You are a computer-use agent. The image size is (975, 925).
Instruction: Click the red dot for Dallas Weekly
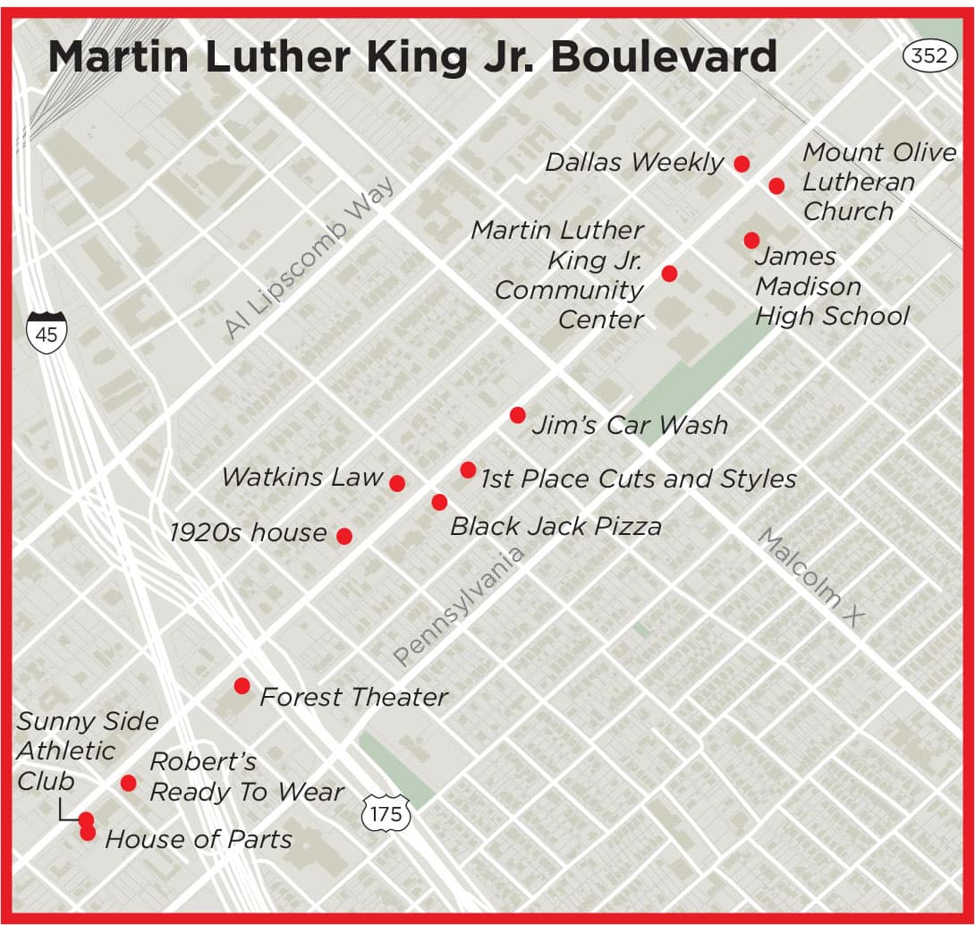tap(742, 163)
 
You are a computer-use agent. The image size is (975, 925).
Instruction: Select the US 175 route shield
tap(386, 813)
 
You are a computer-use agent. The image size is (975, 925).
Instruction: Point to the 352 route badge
tap(928, 56)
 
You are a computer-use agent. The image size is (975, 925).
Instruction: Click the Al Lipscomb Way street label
tap(309, 259)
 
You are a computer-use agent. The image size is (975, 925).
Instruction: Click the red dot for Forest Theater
tap(242, 686)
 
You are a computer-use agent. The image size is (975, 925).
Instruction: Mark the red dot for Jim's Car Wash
tap(517, 415)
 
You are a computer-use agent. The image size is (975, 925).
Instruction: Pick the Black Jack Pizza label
tap(555, 526)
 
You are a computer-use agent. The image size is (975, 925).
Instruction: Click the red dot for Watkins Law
tap(397, 483)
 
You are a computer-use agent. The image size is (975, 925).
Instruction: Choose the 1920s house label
tap(249, 533)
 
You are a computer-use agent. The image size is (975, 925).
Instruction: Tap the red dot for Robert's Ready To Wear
tap(128, 783)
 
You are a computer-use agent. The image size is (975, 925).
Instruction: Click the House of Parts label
tap(199, 839)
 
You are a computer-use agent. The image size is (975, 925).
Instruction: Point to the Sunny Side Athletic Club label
tap(87, 751)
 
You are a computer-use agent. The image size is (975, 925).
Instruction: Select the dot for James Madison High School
tap(751, 240)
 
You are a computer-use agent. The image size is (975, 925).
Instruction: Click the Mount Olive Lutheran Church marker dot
tap(776, 185)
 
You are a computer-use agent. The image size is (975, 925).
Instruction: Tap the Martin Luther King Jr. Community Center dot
tap(669, 273)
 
